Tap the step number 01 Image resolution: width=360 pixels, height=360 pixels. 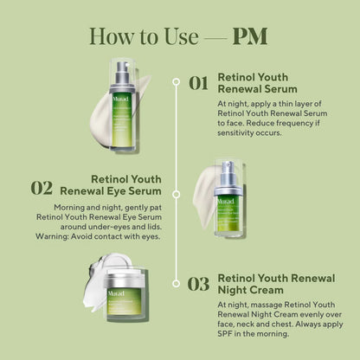pos(199,83)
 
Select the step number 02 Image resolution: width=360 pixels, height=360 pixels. pos(42,188)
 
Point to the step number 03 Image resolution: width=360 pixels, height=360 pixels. pos(199,283)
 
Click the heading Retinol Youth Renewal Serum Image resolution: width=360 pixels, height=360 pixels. pos(257,81)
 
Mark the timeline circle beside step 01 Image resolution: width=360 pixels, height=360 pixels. pos(177,82)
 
